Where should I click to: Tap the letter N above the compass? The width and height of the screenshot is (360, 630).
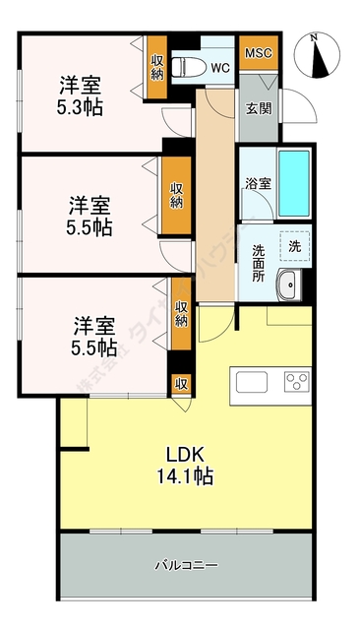pos(314,38)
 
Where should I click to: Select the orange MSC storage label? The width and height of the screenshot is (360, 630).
pos(258,52)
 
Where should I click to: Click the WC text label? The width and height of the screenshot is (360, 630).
pos(219,68)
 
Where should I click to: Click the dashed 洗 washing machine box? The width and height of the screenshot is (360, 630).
pos(293,244)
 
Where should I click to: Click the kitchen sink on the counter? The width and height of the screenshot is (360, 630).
pos(248,381)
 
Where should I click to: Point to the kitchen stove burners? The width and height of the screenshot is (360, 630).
pos(297,381)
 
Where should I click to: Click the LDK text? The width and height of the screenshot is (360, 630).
pos(184,456)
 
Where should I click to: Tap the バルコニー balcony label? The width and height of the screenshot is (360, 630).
pos(186,565)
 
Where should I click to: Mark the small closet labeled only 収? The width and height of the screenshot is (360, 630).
pos(181,383)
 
